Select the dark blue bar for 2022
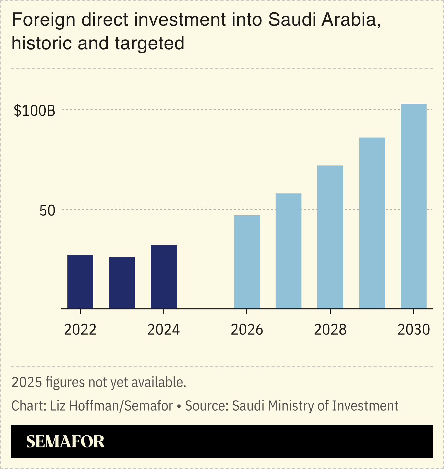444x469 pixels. [x=80, y=282]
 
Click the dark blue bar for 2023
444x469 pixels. [x=122, y=283]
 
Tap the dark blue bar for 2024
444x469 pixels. [x=164, y=277]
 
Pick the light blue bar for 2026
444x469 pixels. [x=247, y=262]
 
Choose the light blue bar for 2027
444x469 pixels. [x=288, y=251]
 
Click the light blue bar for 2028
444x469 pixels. [x=330, y=237]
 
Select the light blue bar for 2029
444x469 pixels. [x=372, y=223]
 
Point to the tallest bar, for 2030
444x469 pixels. [x=413, y=206]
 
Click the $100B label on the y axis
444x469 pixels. [x=34, y=111]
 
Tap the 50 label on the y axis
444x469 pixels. [x=47, y=211]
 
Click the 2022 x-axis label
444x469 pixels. [x=80, y=330]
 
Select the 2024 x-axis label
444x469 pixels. [x=164, y=330]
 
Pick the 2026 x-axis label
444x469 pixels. [x=247, y=330]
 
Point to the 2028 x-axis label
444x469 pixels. [x=330, y=330]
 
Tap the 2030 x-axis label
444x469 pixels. [x=413, y=330]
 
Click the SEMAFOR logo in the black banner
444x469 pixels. [x=65, y=442]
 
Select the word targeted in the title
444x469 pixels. [x=149, y=43]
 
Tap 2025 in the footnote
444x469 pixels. [x=27, y=382]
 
